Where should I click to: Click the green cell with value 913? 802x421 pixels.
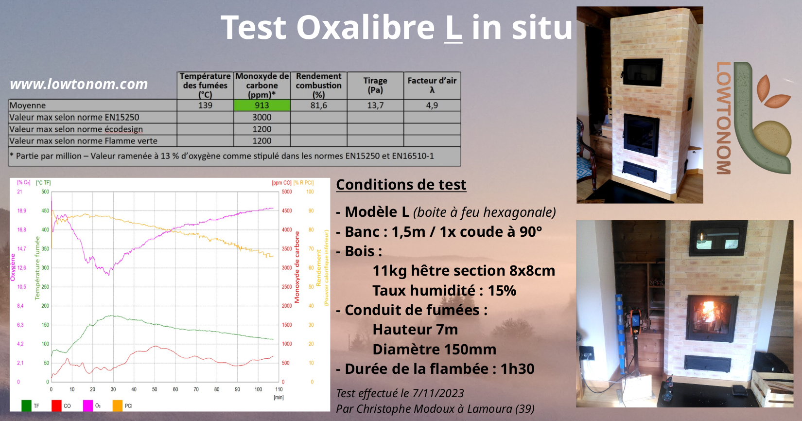[x=262, y=105]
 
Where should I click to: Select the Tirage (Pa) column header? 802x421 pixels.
[x=375, y=86]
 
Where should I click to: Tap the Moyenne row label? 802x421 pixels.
[x=28, y=105]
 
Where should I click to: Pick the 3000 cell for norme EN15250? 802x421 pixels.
[x=262, y=117]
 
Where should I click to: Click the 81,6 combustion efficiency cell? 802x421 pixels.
[x=319, y=105]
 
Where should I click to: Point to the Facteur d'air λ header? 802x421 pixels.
[x=432, y=86]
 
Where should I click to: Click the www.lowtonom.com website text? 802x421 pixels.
[x=79, y=84]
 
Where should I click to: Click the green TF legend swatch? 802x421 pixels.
[x=27, y=405]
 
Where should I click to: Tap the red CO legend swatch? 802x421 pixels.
[x=56, y=405]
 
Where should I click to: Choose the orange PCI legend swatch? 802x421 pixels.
[x=118, y=405]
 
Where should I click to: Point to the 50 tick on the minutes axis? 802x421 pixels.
[x=155, y=389]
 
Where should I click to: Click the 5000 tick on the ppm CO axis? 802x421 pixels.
[x=287, y=192]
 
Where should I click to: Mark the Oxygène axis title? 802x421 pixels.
[x=13, y=267]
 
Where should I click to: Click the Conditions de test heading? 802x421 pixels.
[x=401, y=185]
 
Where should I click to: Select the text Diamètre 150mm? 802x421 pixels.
[x=435, y=349]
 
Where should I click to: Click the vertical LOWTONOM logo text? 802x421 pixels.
[x=724, y=118]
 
